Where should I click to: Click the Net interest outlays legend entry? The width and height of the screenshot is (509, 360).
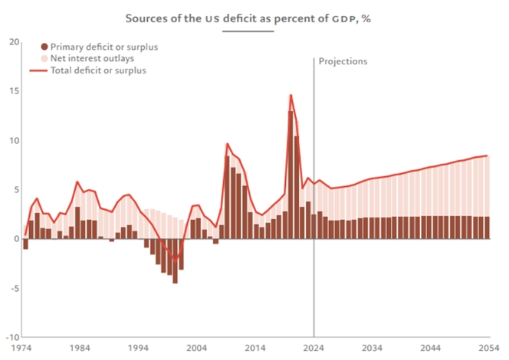[x=91, y=59]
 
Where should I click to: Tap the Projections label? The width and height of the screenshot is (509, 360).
[x=343, y=61]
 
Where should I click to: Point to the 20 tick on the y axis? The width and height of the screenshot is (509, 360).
[x=11, y=42]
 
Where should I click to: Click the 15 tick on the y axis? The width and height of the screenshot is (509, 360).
[x=11, y=91]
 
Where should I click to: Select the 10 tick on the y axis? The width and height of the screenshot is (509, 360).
[x=11, y=141]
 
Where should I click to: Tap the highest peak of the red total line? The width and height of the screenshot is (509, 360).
[x=291, y=95]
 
